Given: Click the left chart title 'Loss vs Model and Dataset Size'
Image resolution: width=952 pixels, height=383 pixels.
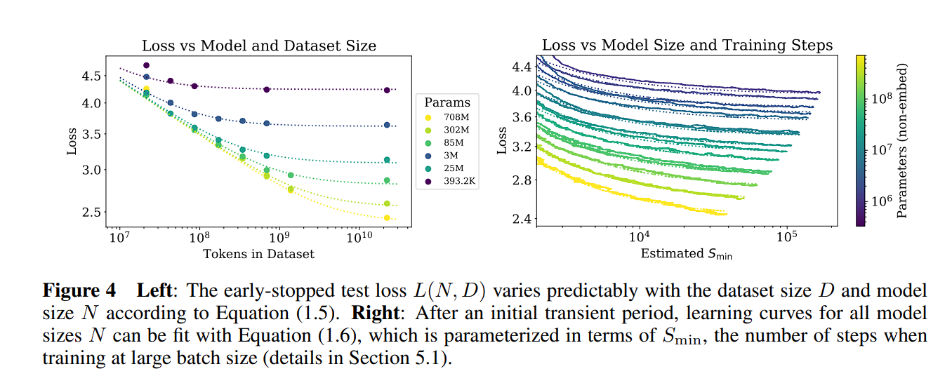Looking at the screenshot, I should pyautogui.click(x=259, y=46).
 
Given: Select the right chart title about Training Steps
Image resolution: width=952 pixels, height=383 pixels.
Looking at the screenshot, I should pyautogui.click(x=687, y=46).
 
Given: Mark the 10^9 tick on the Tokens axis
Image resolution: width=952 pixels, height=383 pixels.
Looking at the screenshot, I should pyautogui.click(x=279, y=239).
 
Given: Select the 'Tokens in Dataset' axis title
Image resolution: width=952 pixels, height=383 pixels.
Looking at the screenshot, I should pyautogui.click(x=258, y=254).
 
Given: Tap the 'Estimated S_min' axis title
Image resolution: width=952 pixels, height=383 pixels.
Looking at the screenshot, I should pyautogui.click(x=686, y=254).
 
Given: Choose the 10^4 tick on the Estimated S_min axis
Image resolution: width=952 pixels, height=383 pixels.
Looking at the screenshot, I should pyautogui.click(x=640, y=238).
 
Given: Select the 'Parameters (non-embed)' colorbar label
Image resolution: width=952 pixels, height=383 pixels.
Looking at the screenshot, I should pyautogui.click(x=904, y=140).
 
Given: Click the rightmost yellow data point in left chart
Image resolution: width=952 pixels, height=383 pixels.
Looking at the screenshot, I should pyautogui.click(x=387, y=218).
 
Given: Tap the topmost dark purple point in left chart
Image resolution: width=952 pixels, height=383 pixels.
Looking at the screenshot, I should pyautogui.click(x=146, y=65).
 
